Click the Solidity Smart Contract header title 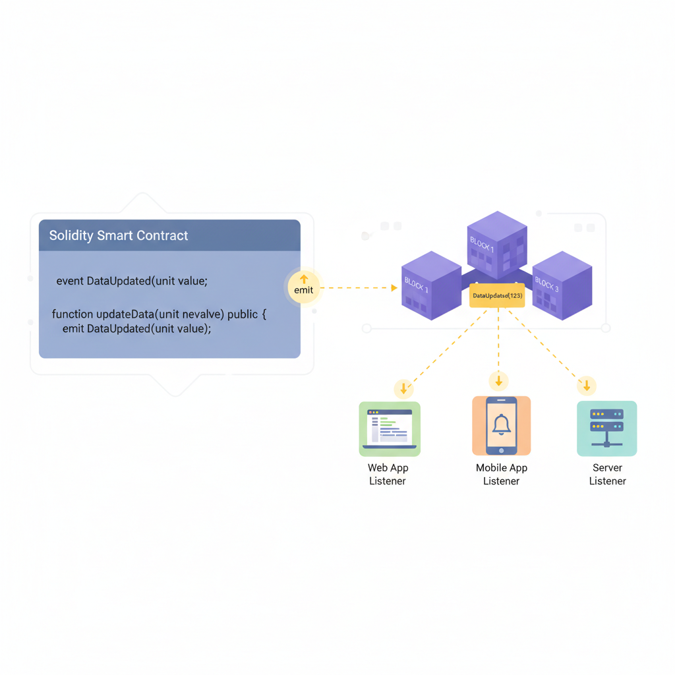tap(119, 236)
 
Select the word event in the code tap(70, 281)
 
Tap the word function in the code tap(73, 314)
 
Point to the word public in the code tap(243, 314)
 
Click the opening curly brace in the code tap(264, 314)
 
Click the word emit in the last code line tap(73, 329)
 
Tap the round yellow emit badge tap(304, 286)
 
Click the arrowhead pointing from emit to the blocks tap(394, 288)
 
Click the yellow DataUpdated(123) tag tap(498, 296)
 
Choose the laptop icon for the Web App tap(390, 429)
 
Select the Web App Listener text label tap(388, 475)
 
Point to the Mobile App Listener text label tap(502, 475)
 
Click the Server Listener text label tap(607, 475)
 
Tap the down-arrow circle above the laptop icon tap(403, 389)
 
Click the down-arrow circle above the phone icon tap(499, 381)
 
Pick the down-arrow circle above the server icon tap(587, 386)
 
